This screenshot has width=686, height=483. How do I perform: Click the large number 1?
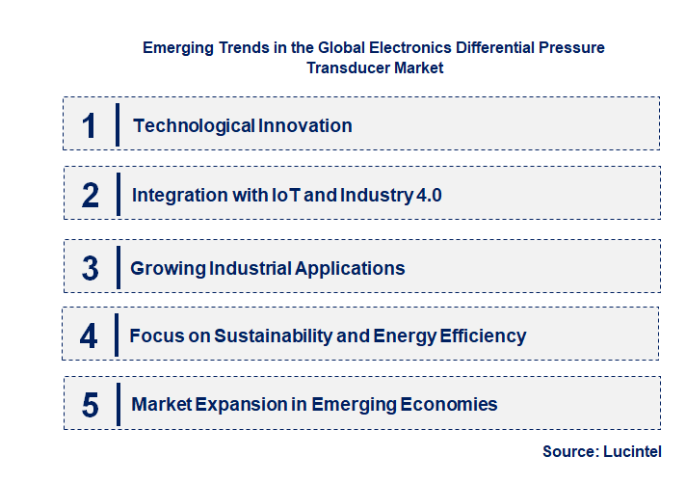[90, 125]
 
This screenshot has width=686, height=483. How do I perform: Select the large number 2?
[91, 196]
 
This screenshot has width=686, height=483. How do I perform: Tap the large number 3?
[91, 268]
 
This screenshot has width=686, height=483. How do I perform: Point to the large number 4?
[89, 336]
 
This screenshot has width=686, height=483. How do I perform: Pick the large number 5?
[91, 405]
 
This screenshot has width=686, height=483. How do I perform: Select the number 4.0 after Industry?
[427, 195]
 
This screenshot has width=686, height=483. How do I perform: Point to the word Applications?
[350, 268]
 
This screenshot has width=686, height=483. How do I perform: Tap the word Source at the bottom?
[569, 451]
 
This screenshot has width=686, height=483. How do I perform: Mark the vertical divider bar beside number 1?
[117, 125]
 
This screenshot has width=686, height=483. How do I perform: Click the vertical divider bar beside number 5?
[117, 405]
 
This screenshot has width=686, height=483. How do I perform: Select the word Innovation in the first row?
[305, 125]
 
